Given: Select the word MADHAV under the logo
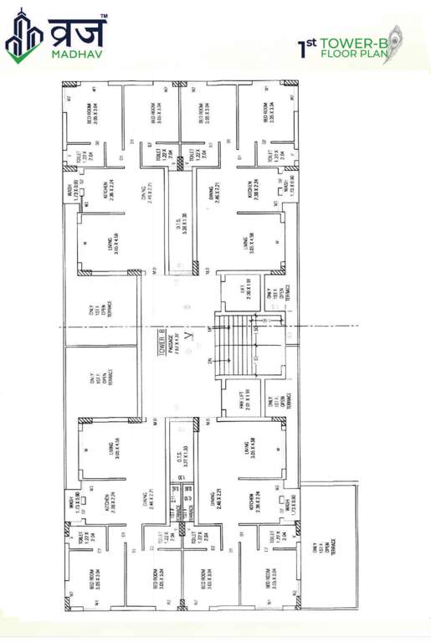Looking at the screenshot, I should click(x=78, y=56).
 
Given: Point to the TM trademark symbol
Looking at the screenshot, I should click(x=104, y=16).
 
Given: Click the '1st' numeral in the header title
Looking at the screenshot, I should click(x=305, y=46).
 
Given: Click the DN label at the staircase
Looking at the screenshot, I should click(x=207, y=362).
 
